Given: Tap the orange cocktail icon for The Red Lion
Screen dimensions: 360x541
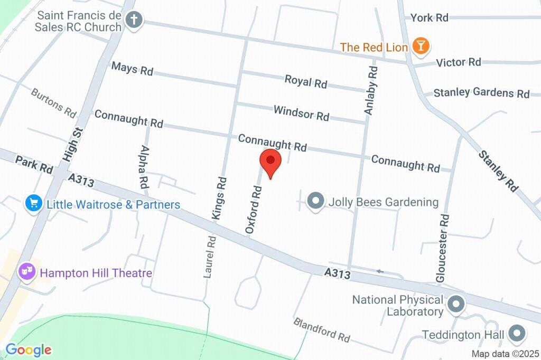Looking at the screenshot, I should pyautogui.click(x=421, y=46).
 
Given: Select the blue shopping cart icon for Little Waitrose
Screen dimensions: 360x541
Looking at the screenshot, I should pyautogui.click(x=34, y=203).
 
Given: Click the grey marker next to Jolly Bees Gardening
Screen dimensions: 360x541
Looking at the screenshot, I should pyautogui.click(x=315, y=201).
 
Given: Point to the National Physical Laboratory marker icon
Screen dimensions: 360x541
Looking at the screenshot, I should pyautogui.click(x=455, y=305).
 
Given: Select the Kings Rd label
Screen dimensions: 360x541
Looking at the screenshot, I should pyautogui.click(x=220, y=197).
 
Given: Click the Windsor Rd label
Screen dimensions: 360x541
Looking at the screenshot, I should pyautogui.click(x=301, y=112).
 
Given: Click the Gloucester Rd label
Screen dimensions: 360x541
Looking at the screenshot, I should pyautogui.click(x=443, y=247).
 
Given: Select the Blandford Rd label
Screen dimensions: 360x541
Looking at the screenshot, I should pyautogui.click(x=322, y=329).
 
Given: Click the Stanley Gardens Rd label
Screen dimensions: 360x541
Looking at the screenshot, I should pyautogui.click(x=481, y=93).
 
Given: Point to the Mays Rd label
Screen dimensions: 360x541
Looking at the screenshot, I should pyautogui.click(x=132, y=69).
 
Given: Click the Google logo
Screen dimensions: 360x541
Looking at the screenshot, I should pyautogui.click(x=29, y=349).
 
